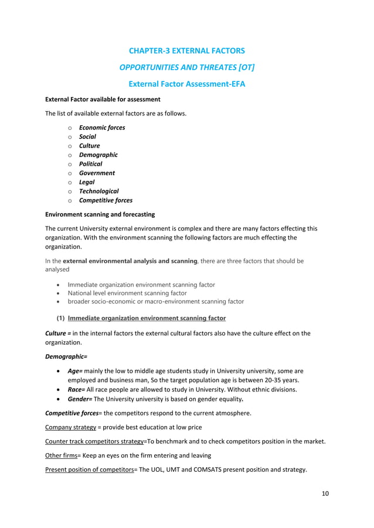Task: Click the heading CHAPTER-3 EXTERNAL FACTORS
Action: tap(186, 51)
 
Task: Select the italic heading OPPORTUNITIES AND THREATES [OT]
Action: tap(186, 67)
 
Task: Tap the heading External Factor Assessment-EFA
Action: tap(186, 84)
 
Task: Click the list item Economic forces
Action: tap(102, 128)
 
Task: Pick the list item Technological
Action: tap(98, 191)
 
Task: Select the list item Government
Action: tap(97, 173)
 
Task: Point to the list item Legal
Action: tap(87, 182)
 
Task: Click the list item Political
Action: tap(90, 164)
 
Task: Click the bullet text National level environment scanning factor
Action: tap(127, 293)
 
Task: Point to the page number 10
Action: tap(325, 493)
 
